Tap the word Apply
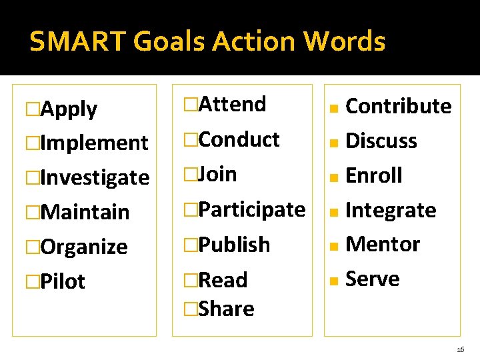click(69, 109)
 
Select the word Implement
click(94, 143)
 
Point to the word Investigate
click(95, 177)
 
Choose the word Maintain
click(85, 212)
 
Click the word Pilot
click(63, 281)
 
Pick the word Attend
click(233, 104)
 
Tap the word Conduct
click(239, 139)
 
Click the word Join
click(218, 174)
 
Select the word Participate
click(252, 209)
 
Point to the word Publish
click(235, 245)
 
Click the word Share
click(227, 309)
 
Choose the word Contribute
click(399, 106)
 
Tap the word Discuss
click(381, 141)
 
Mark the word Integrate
click(391, 210)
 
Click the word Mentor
click(383, 244)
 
